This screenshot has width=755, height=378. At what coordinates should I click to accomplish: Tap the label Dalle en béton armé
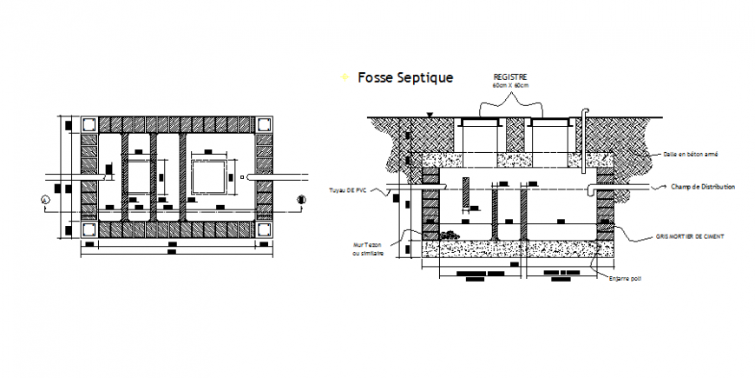689,154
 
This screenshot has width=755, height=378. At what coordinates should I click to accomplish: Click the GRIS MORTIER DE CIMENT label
693,236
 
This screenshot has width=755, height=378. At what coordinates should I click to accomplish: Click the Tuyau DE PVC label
347,189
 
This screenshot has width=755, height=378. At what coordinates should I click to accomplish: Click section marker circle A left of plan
45,200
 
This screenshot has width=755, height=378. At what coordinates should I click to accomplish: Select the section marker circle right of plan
301,200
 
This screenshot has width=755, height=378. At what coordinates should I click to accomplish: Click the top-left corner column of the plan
88,124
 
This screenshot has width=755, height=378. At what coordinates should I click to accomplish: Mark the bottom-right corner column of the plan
263,229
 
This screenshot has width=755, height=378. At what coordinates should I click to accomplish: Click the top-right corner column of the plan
263,124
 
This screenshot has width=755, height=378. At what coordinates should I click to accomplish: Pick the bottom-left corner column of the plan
88,229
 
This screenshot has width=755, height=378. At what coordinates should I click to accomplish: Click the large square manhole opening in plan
210,177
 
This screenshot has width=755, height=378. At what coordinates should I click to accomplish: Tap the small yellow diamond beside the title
345,78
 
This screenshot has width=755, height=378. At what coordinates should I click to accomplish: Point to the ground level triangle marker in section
429,115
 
